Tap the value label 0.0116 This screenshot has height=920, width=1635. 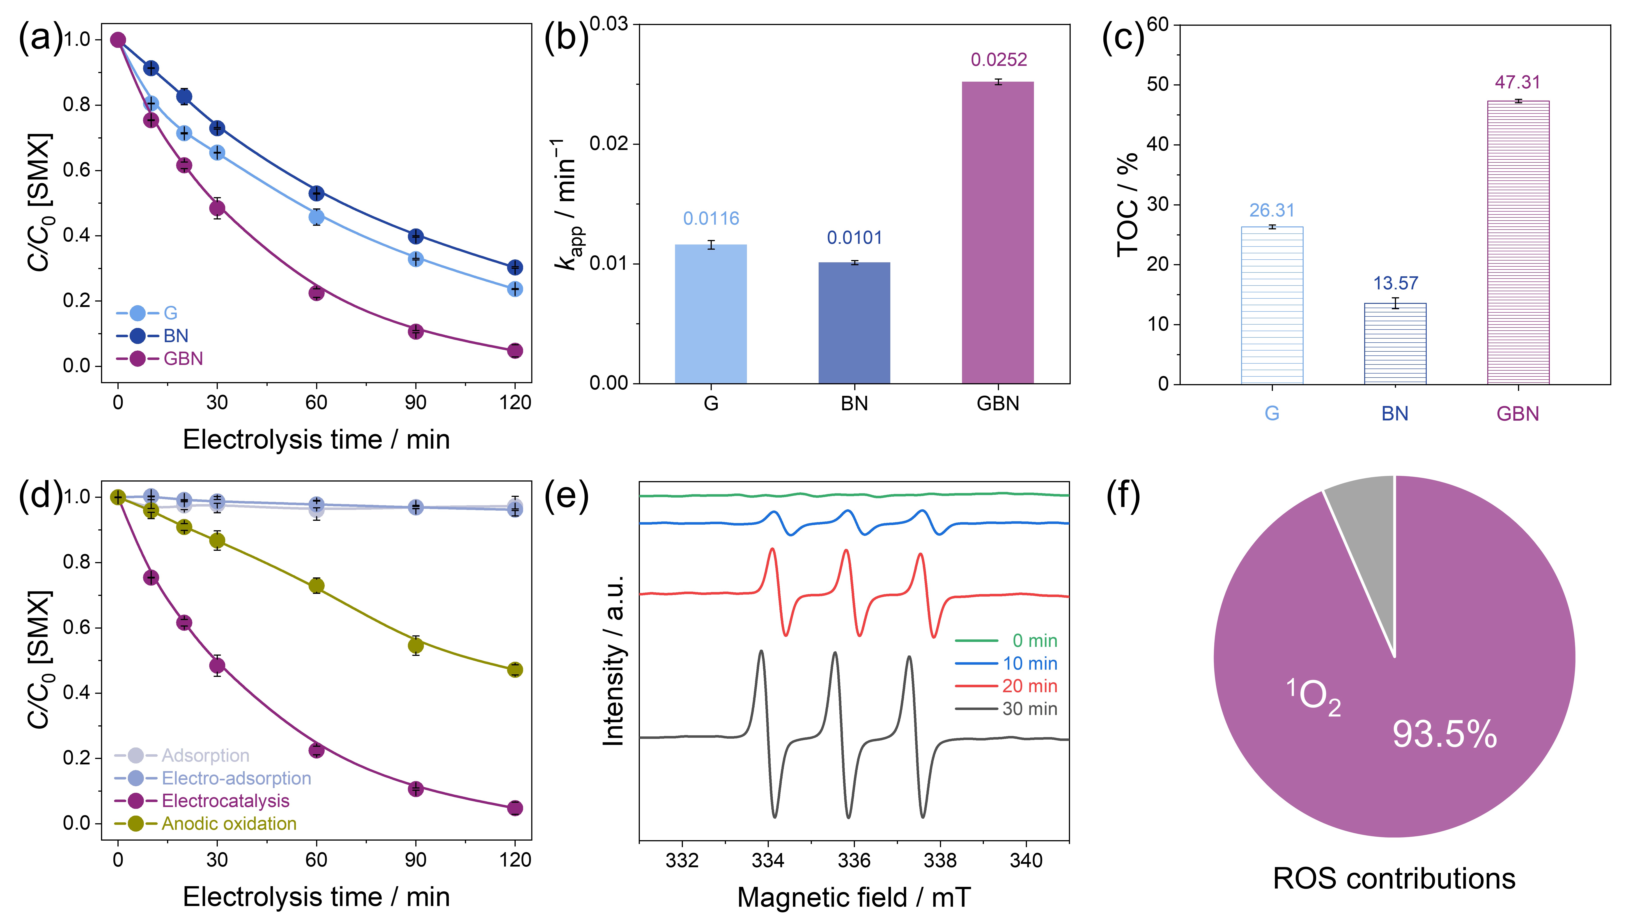pyautogui.click(x=711, y=219)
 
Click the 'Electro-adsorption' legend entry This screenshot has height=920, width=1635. pyautogui.click(x=236, y=778)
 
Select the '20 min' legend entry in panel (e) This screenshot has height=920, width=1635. pyautogui.click(x=1029, y=686)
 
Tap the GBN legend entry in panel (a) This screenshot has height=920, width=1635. pyautogui.click(x=183, y=359)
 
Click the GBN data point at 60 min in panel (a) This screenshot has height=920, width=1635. pyautogui.click(x=316, y=293)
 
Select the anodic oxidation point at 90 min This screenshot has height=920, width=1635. pyautogui.click(x=416, y=646)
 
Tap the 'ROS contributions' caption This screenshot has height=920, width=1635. pyautogui.click(x=1394, y=879)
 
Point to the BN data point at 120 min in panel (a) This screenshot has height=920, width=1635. pyautogui.click(x=515, y=267)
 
